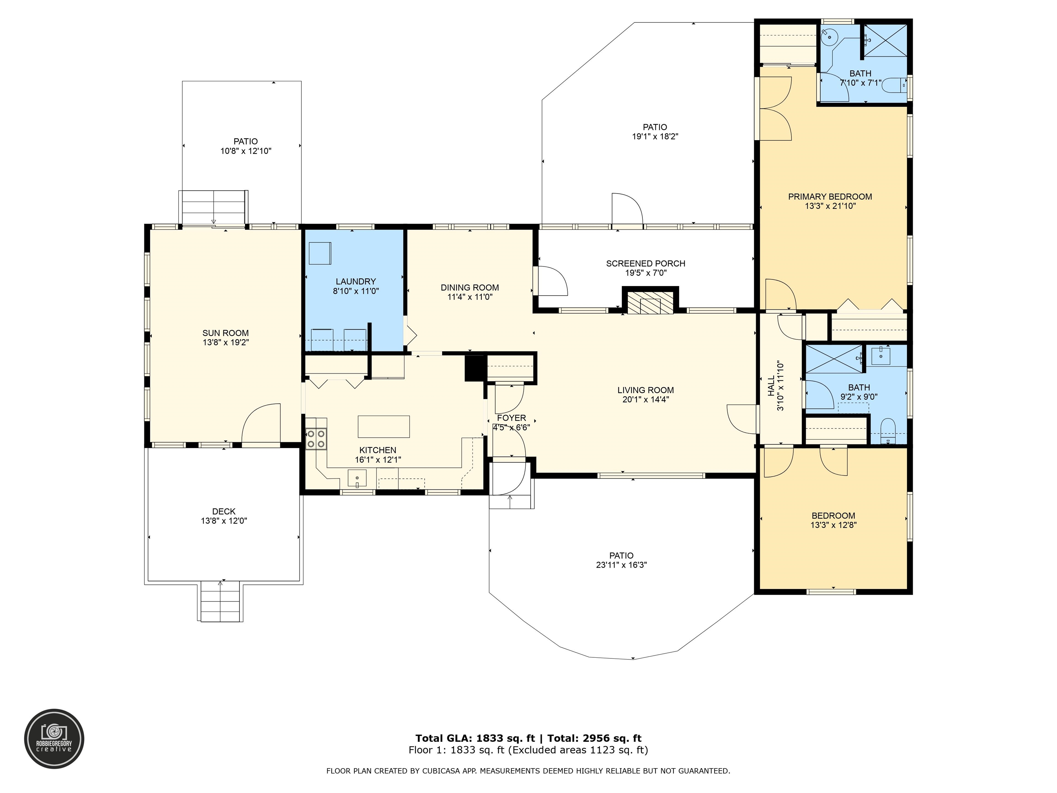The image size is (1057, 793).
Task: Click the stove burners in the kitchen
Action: [x=316, y=439]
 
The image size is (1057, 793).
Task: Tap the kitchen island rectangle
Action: [x=384, y=426]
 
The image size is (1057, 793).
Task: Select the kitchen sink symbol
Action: [x=357, y=477]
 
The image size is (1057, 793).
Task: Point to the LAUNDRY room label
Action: [x=355, y=282]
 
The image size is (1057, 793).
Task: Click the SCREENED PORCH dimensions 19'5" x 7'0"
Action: [x=645, y=273]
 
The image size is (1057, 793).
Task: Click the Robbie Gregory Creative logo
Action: [x=54, y=739]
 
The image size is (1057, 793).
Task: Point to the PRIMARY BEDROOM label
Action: [x=830, y=197]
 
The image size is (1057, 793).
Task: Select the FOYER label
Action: [x=511, y=418]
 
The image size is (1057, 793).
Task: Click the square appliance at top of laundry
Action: [x=320, y=253]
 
